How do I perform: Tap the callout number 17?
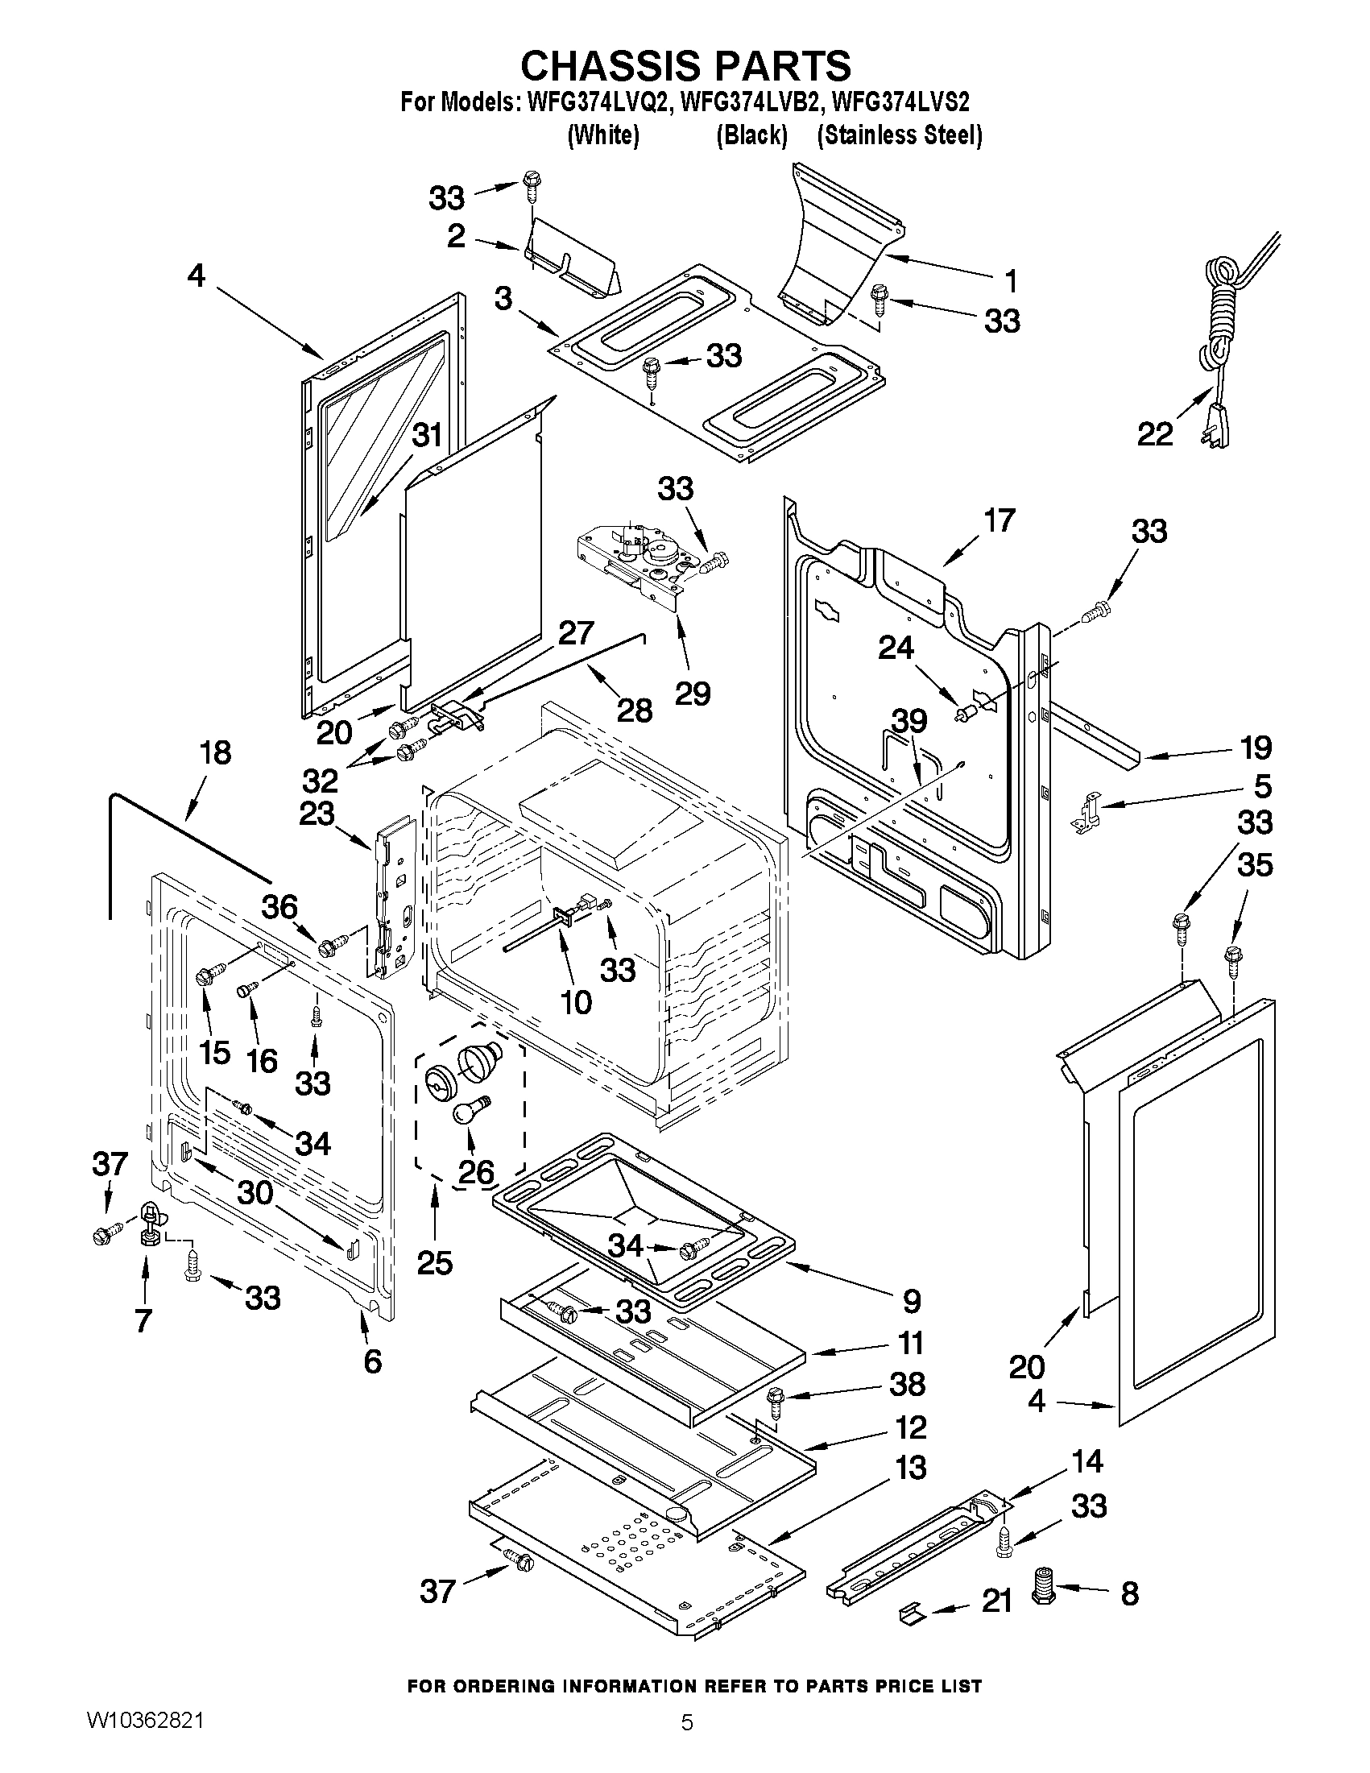pos(998,520)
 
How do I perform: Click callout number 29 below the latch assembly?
pos(693,693)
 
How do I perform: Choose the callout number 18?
pos(215,752)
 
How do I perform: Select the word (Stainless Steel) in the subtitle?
pos(900,135)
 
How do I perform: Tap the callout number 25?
pos(434,1262)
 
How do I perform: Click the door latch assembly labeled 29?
pos(637,560)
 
